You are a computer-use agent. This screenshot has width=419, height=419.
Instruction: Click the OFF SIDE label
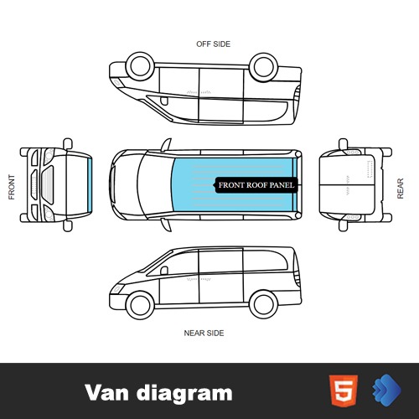click(213, 44)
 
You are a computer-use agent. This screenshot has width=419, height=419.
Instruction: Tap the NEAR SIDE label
click(204, 333)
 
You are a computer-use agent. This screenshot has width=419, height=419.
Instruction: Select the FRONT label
click(12, 187)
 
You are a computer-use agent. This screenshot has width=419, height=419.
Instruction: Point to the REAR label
click(401, 189)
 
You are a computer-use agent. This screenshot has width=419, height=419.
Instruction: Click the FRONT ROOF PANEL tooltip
click(256, 185)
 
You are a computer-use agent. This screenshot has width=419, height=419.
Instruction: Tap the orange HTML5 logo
click(344, 391)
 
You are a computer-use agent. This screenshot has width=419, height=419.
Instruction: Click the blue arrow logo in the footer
click(386, 390)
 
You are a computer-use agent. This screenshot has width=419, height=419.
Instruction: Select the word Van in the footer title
click(107, 392)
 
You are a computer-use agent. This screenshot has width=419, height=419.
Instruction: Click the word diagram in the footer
click(184, 394)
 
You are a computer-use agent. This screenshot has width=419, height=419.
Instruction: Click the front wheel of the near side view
click(140, 305)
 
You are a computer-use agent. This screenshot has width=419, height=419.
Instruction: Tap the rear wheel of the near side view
click(263, 304)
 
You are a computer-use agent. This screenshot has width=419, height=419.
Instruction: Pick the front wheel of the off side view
click(140, 66)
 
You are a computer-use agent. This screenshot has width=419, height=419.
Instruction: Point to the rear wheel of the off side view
click(263, 67)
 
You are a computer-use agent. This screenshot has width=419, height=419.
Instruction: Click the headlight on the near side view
click(117, 288)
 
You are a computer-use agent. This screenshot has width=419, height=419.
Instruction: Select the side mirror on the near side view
click(164, 271)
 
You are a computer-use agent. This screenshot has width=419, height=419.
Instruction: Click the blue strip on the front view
click(90, 185)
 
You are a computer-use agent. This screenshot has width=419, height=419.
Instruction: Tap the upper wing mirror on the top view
click(167, 145)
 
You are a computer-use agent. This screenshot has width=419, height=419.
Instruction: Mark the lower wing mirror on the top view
click(167, 225)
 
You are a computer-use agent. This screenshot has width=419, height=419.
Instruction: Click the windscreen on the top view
click(155, 185)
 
